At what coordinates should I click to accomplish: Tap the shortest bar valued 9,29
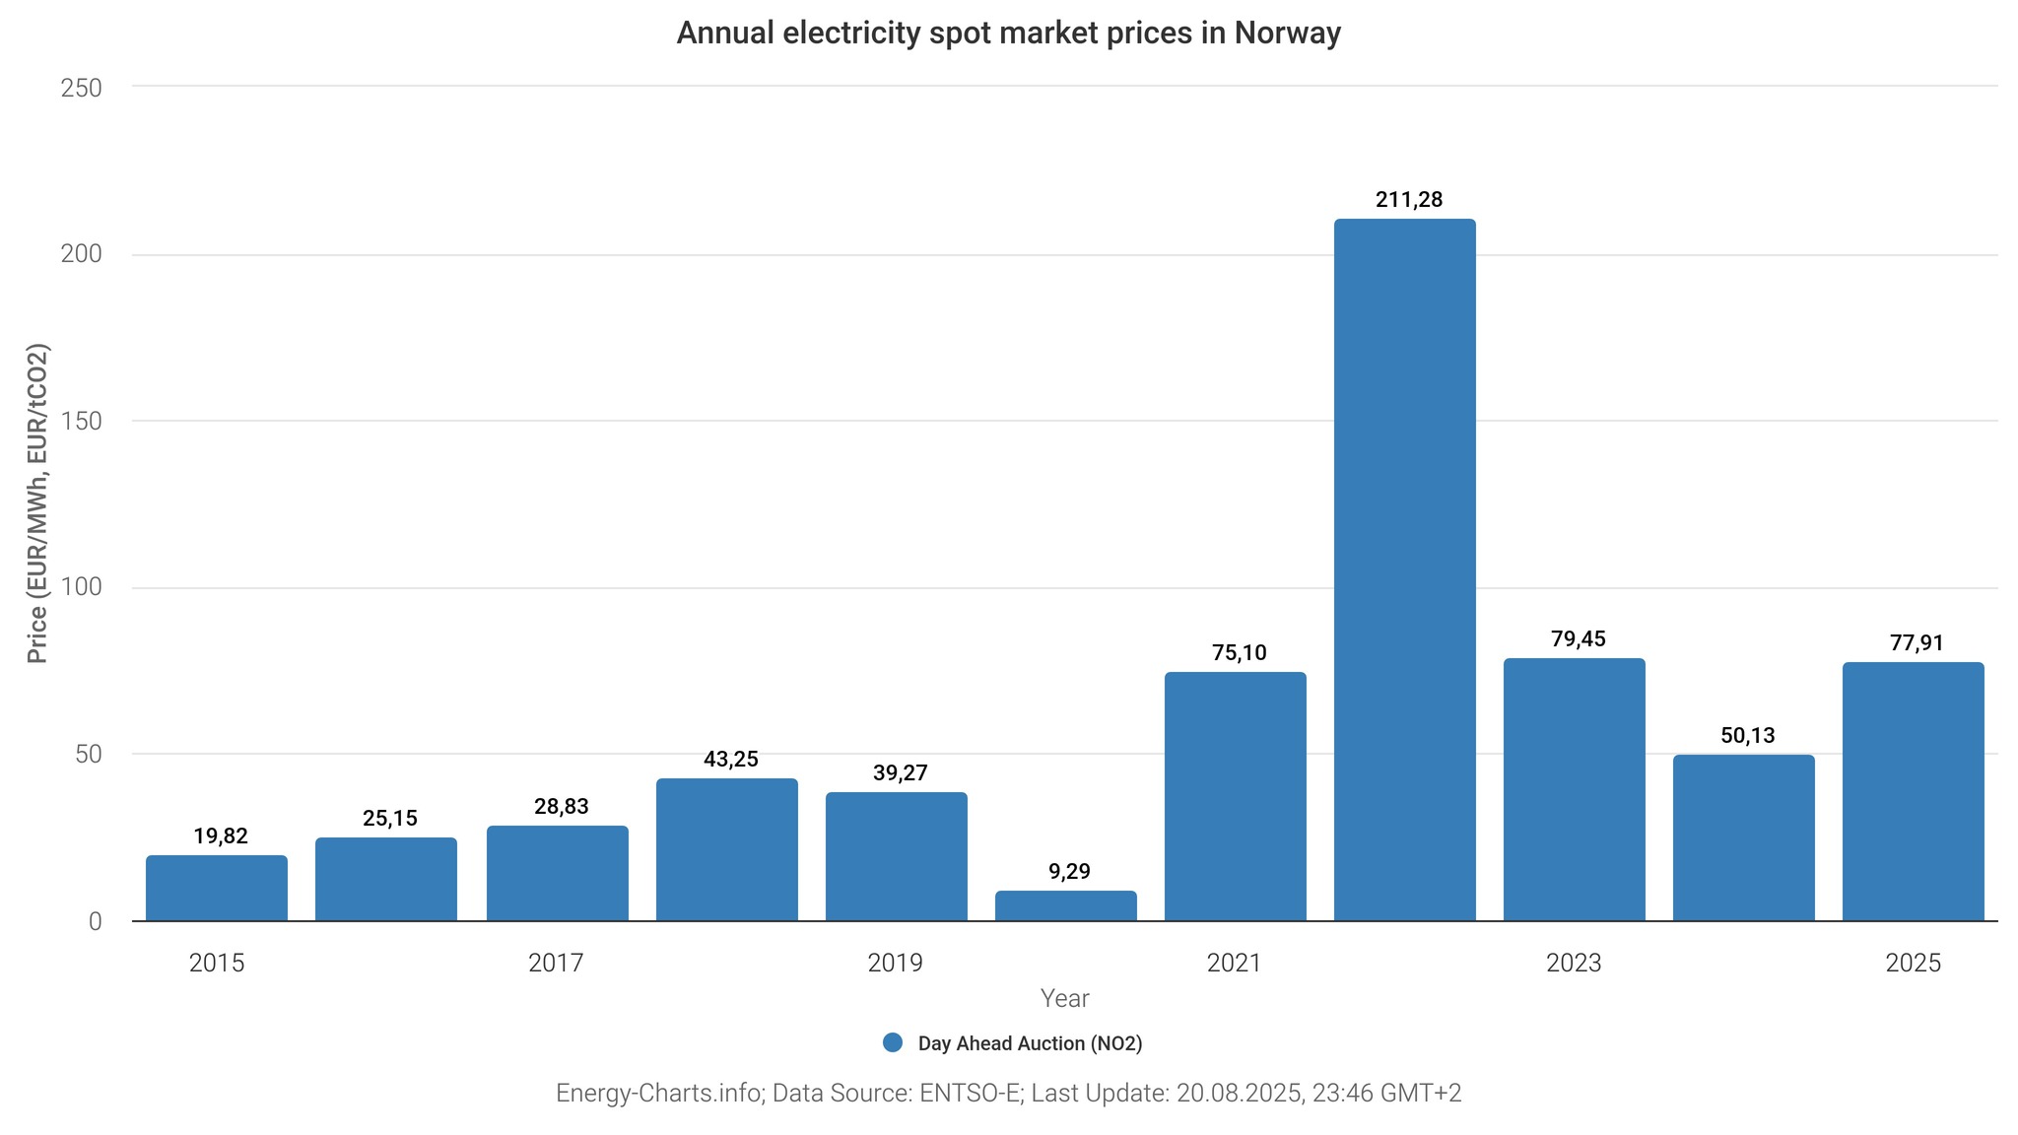[x=1065, y=905]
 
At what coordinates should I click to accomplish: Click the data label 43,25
[x=731, y=759]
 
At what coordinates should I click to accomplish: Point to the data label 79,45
[x=1579, y=638]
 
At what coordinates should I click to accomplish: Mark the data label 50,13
[x=1748, y=735]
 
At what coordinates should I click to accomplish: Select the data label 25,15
[x=390, y=818]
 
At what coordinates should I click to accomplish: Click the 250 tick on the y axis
[x=82, y=88]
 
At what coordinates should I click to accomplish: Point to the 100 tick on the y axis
[x=82, y=587]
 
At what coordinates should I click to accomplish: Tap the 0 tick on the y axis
[x=96, y=921]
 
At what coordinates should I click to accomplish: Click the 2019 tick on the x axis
[x=895, y=963]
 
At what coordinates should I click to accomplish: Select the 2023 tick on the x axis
[x=1574, y=963]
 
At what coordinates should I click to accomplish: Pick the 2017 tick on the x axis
[x=556, y=963]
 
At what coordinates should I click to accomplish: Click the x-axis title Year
[x=1064, y=998]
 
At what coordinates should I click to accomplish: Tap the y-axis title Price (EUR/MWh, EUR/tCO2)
[x=37, y=503]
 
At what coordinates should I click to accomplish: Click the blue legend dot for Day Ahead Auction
[x=893, y=1042]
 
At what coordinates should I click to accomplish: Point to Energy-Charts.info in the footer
[x=658, y=1093]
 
